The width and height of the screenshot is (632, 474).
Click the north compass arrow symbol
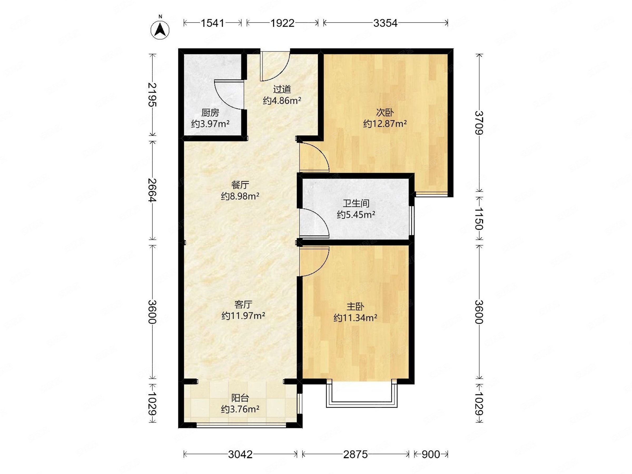tap(160, 30)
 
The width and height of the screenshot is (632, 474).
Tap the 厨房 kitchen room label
tap(210, 113)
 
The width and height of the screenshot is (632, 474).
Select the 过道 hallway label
tap(282, 90)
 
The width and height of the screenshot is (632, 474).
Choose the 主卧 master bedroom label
tap(355, 307)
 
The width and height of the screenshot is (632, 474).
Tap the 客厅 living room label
tap(243, 305)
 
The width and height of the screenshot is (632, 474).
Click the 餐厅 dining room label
tap(240, 185)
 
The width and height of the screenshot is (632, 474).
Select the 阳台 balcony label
tap(240, 398)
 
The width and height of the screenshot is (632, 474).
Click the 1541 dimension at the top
tap(213, 23)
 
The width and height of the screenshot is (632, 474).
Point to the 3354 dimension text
tap(385, 23)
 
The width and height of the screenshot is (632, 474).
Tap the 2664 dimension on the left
tap(152, 190)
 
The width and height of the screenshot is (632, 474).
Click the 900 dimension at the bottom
tap(431, 454)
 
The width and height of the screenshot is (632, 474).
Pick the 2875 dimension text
tap(355, 454)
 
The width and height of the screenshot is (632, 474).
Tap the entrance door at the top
tap(275, 66)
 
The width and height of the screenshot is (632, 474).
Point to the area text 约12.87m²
tap(385, 124)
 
